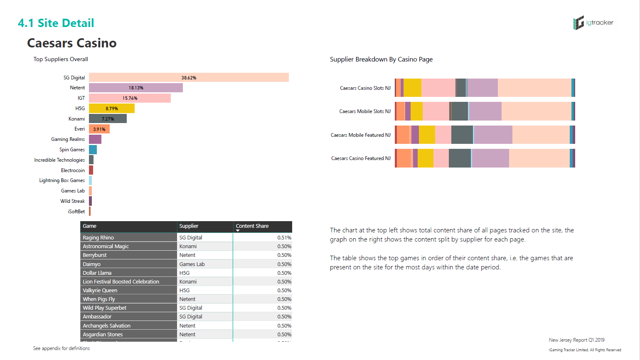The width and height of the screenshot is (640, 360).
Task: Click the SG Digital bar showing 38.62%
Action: [x=189, y=78]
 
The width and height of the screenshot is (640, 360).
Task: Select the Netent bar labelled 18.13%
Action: [x=136, y=88]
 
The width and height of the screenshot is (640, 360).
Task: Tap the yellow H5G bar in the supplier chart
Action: [x=111, y=108]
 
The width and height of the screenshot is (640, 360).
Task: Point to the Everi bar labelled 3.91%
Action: [x=99, y=129]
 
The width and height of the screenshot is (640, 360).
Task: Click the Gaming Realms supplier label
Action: [x=68, y=139]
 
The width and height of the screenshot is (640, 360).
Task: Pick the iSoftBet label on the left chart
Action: [x=76, y=212]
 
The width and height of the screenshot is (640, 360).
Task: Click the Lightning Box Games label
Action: [x=62, y=180]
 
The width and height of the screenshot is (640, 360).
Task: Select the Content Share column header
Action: [x=252, y=226]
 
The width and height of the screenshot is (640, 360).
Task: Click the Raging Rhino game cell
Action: [x=98, y=238]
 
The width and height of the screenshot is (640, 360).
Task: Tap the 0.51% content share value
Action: [x=284, y=238]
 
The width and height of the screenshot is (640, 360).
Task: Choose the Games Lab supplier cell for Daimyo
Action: [x=192, y=264]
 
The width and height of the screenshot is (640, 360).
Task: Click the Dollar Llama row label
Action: [x=97, y=273]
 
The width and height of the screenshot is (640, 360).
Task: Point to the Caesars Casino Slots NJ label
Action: [x=365, y=88]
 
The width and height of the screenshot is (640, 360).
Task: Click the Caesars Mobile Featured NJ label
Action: [x=360, y=135]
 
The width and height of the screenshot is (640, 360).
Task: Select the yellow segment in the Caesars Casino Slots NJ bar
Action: [x=412, y=88]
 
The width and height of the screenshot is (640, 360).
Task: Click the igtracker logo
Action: [x=593, y=23]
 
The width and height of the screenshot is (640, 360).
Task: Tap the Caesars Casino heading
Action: [x=72, y=43]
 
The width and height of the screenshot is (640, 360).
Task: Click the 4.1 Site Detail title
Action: [x=56, y=23]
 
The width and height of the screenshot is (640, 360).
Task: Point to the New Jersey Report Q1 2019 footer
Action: [x=576, y=340]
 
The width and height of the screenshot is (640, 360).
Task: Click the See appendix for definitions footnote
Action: [x=62, y=348]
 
